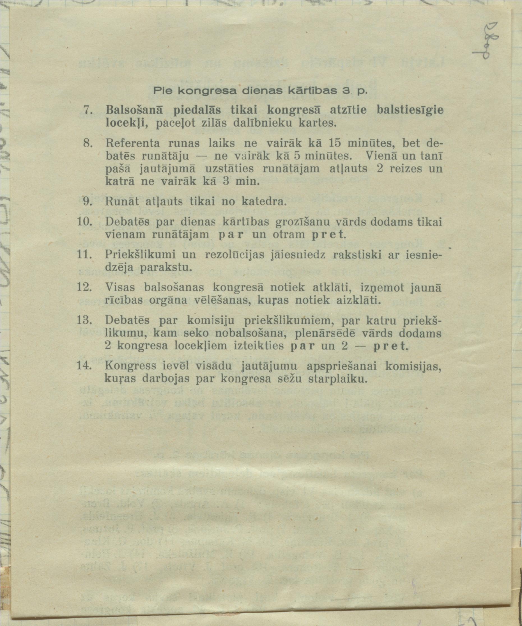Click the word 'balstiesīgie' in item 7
point(410,110)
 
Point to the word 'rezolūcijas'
point(237,255)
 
